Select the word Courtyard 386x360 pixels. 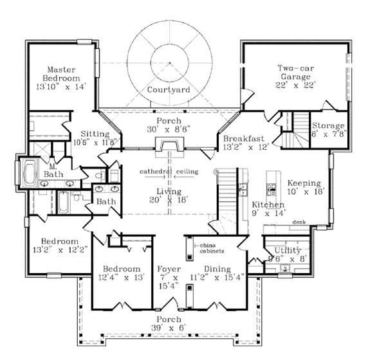click(168, 90)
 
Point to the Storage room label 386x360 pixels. click(327, 125)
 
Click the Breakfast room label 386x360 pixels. click(245, 138)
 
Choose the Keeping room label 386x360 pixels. click(304, 183)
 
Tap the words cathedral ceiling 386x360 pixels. click(169, 172)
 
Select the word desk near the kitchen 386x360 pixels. click(298, 222)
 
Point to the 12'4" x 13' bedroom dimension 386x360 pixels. click(121, 277)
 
